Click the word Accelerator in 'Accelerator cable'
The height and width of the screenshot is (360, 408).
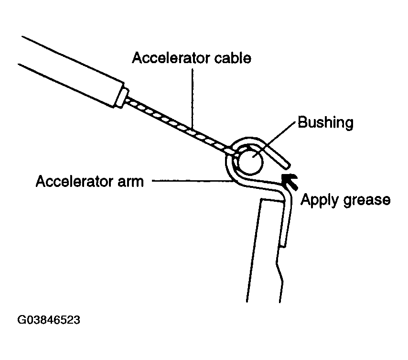171,58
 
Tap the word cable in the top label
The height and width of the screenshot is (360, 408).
233,58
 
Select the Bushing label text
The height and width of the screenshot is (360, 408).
325,122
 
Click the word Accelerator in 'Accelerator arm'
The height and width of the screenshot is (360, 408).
75,181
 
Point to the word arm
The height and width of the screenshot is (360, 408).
130,182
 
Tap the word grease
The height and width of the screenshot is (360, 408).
367,200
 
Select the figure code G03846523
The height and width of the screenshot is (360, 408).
49,320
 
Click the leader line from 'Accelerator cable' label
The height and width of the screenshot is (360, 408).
193,99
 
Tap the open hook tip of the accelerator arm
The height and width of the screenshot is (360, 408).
287,165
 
